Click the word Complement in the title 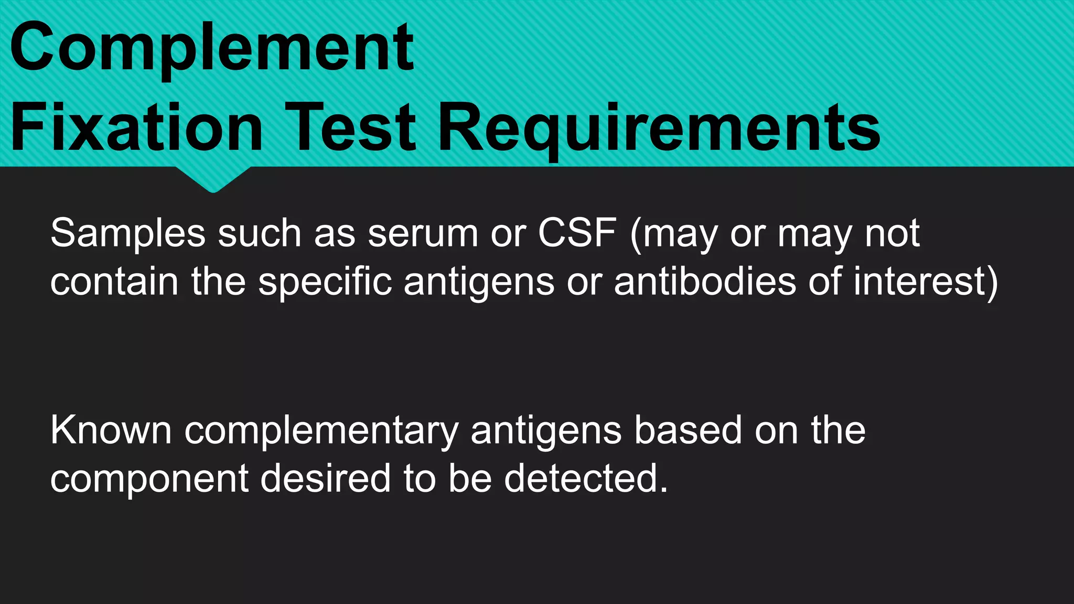(212, 48)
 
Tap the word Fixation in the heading (136, 128)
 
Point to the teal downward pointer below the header (213, 178)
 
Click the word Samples (128, 234)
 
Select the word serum (423, 234)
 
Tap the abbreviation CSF (577, 233)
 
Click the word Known (111, 431)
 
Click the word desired (325, 478)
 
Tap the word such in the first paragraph (259, 234)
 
